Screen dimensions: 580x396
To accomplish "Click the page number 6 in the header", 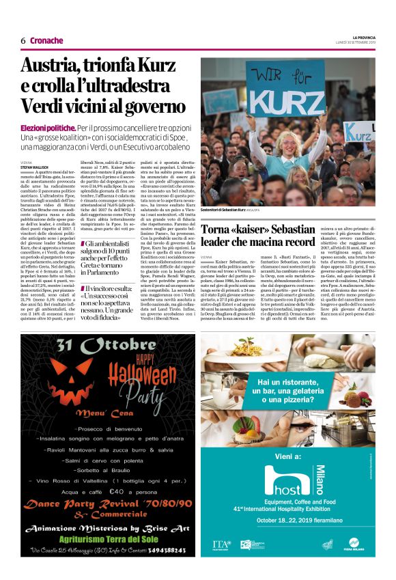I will coord(23,40).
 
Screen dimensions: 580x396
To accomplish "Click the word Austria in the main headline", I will coord(57,67).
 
